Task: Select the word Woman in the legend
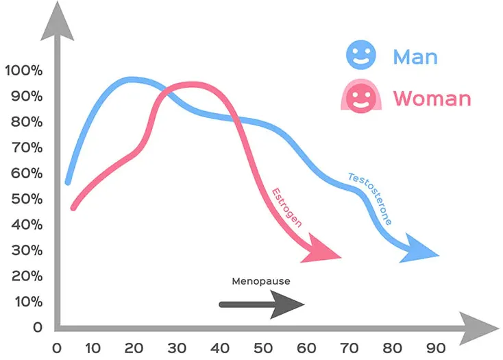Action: coord(432,99)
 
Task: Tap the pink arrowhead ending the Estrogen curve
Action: coord(322,249)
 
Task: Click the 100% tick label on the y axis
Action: coord(23,71)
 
